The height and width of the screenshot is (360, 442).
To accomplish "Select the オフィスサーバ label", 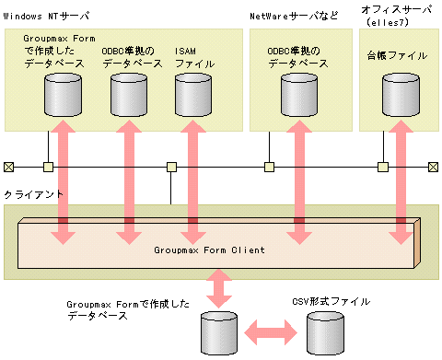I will tap(396, 9).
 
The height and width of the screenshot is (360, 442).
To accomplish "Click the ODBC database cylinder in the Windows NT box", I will tap(127, 91).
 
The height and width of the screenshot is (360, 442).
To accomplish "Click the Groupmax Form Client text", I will tap(209, 250).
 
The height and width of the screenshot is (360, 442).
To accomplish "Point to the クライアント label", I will tap(33, 196).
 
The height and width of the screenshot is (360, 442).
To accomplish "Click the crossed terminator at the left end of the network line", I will tap(8, 167).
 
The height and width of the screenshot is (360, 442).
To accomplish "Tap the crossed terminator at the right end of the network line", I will tap(433, 167).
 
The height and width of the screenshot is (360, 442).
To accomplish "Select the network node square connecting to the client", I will tap(170, 167).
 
